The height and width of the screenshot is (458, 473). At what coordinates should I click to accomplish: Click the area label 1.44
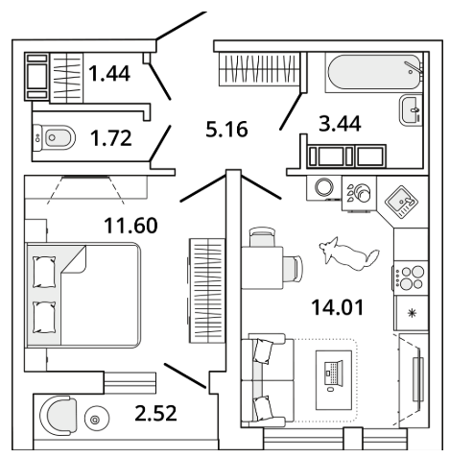109,73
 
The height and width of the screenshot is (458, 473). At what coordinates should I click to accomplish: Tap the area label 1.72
111,138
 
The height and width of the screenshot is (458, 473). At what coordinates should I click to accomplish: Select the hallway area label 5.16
226,129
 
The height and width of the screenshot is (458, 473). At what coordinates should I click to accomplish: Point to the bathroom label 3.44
340,123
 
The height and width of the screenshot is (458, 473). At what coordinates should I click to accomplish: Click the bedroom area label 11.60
130,225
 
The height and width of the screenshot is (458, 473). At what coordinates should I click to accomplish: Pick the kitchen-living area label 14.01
338,307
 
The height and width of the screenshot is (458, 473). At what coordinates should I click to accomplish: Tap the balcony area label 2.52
155,413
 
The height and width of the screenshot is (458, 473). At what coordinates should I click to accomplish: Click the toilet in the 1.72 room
54,138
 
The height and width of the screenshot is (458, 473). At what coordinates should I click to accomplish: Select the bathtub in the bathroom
374,73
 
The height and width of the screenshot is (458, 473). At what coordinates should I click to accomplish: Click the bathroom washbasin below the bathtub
411,110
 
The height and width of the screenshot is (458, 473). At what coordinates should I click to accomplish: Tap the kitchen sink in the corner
401,202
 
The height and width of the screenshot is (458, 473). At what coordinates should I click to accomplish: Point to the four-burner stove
411,277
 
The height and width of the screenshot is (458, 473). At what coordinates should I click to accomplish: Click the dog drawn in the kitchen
348,253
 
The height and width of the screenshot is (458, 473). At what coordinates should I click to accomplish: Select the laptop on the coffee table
333,373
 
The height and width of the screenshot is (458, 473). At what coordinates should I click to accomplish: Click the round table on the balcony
97,419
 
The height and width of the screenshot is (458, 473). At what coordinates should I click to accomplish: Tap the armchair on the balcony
59,415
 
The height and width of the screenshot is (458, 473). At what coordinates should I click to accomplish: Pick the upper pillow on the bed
44,272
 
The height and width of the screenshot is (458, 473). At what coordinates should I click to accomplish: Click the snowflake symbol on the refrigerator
412,313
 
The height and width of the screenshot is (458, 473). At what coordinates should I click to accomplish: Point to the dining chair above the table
262,236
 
